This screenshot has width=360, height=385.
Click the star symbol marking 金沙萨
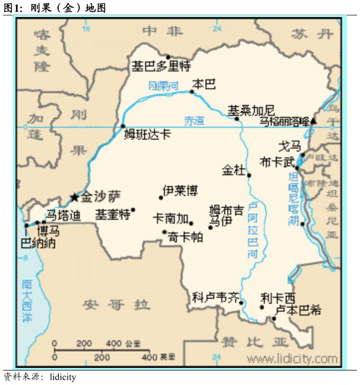[x=74, y=197]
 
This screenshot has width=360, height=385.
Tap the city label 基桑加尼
[x=251, y=111]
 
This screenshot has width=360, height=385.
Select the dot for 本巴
[x=192, y=92]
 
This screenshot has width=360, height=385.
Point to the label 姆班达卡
[x=147, y=135]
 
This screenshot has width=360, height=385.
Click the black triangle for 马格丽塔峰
[x=313, y=121]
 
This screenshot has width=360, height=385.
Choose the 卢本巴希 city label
[x=298, y=310]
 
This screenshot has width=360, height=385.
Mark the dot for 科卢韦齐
[x=241, y=302]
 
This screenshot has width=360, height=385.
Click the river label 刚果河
[x=163, y=86]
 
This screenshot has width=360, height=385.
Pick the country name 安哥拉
[x=116, y=305]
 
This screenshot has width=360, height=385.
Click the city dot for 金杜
[x=249, y=175]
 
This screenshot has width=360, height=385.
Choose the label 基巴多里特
[x=161, y=67]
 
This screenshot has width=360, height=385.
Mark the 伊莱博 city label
[x=180, y=191]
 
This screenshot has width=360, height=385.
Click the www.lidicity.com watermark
[x=292, y=359]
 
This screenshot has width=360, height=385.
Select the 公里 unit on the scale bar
[x=133, y=343]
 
